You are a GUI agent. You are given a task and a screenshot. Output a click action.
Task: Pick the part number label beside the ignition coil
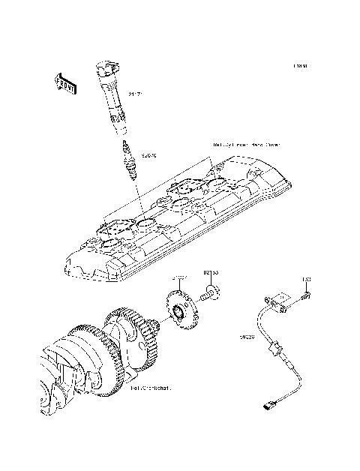[135, 95]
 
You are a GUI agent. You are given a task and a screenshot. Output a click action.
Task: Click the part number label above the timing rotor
[180, 278]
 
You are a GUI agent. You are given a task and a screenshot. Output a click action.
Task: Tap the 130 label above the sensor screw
[307, 280]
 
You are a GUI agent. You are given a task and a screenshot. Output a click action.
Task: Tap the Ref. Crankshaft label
[151, 388]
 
